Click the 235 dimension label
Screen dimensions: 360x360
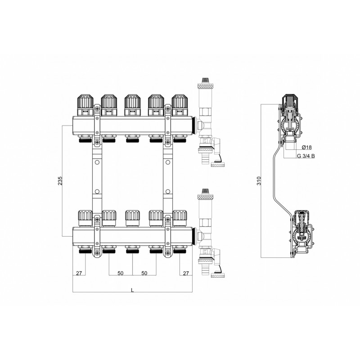[x=60, y=181]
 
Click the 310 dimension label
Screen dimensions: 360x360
[x=259, y=181]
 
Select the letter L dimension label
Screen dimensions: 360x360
[x=132, y=290]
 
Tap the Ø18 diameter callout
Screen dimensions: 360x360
[x=307, y=147]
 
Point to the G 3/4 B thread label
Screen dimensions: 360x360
[x=306, y=156]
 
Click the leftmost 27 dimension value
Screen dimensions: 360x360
[x=79, y=273]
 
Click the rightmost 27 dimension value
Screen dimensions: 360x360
[x=186, y=273]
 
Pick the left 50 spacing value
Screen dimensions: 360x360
[x=121, y=273]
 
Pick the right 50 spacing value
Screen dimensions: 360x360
[x=144, y=273]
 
